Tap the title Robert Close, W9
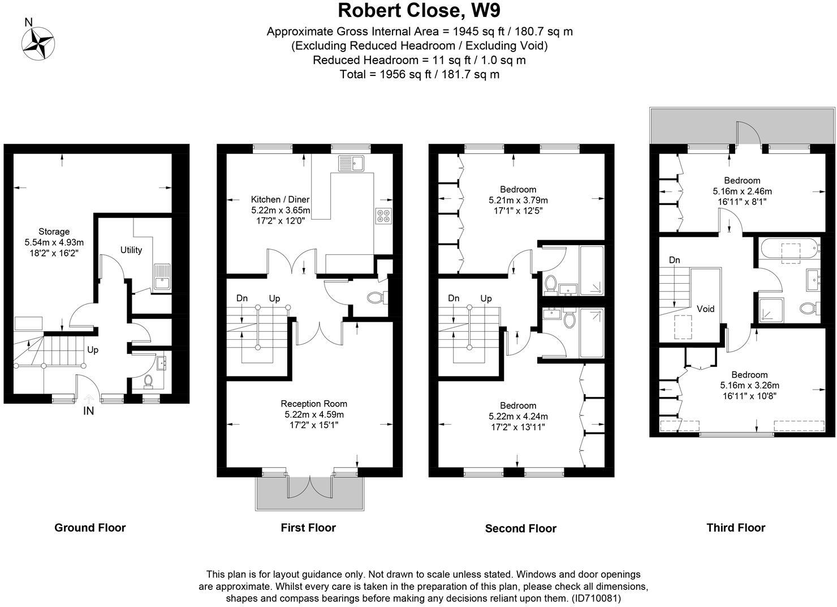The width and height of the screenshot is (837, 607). click(419, 11)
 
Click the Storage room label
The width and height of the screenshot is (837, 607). click(54, 232)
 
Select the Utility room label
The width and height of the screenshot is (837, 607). click(131, 250)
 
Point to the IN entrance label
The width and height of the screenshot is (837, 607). click(89, 411)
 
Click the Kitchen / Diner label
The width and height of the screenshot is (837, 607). click(281, 199)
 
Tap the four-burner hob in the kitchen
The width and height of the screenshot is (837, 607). click(382, 216)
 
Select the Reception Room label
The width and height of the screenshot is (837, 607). click(314, 404)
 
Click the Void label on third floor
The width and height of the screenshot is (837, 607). click(706, 309)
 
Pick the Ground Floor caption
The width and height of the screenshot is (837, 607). click(90, 528)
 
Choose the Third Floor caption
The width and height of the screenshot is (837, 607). click(736, 528)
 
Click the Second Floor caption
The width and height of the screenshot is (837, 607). click(521, 528)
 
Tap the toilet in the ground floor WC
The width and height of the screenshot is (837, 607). click(148, 381)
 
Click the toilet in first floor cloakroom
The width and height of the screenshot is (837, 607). click(376, 298)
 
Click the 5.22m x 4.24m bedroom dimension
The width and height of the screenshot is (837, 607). click(518, 416)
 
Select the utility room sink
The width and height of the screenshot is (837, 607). click(162, 276)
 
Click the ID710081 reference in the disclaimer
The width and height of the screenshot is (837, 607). click(596, 598)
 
